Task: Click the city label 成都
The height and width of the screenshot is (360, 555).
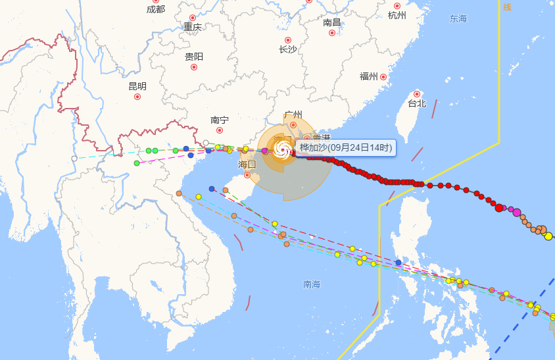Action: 156,9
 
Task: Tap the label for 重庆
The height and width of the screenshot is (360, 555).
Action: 193,27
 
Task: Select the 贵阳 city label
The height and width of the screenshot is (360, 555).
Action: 194,57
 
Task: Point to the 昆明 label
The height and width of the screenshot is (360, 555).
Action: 137,86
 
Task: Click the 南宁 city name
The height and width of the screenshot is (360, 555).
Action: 220,120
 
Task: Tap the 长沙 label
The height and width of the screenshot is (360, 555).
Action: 288,49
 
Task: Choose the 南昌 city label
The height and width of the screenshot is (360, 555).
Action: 332,22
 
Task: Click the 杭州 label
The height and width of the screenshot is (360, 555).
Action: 397,15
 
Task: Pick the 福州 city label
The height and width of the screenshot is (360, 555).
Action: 369,76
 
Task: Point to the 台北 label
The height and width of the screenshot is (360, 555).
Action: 417,103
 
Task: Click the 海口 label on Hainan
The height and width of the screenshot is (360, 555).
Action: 247,164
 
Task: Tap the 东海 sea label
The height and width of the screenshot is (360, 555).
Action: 458,18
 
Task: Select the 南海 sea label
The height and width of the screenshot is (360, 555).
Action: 312,284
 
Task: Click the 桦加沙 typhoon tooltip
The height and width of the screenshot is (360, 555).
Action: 346,147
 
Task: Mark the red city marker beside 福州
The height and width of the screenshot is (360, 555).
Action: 383,76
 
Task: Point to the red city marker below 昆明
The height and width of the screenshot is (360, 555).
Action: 137,97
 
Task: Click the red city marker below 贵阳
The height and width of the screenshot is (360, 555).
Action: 194,67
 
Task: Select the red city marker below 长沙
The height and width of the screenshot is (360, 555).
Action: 288,40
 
